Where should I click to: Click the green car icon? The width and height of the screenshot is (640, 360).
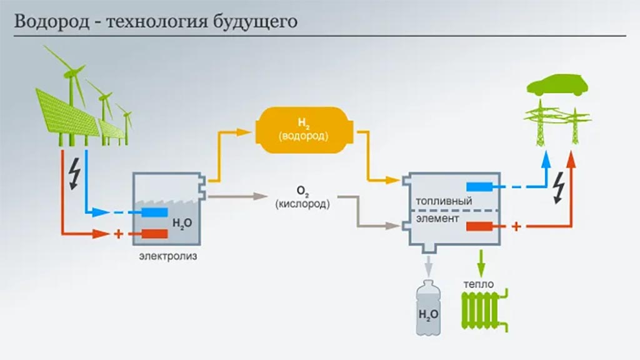tap(557, 85)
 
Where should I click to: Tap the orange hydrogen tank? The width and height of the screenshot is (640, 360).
tap(304, 130)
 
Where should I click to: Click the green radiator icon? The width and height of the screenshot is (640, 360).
tap(485, 310)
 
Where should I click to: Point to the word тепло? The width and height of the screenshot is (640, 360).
tap(478, 284)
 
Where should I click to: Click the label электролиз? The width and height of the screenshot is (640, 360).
tap(168, 256)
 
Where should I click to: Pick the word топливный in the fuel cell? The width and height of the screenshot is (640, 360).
tap(444, 201)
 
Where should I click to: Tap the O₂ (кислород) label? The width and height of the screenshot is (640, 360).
tap(302, 197)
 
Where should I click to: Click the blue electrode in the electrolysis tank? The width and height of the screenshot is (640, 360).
tap(155, 212)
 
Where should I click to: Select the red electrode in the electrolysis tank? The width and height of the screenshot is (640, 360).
tap(155, 234)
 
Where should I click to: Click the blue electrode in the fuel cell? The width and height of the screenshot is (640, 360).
tap(479, 187)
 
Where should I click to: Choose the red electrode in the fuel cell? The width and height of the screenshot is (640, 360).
tap(479, 226)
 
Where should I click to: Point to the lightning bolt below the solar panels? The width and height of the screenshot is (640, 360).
tap(75, 174)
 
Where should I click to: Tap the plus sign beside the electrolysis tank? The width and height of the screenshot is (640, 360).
tap(118, 234)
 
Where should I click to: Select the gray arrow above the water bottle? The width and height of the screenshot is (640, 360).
tap(428, 266)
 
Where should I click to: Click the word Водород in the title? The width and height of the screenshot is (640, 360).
tap(52, 21)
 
